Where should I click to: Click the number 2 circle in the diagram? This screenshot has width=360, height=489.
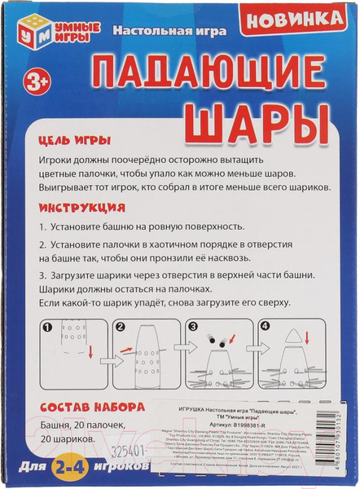120,328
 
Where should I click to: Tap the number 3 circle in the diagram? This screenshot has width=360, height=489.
193,328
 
